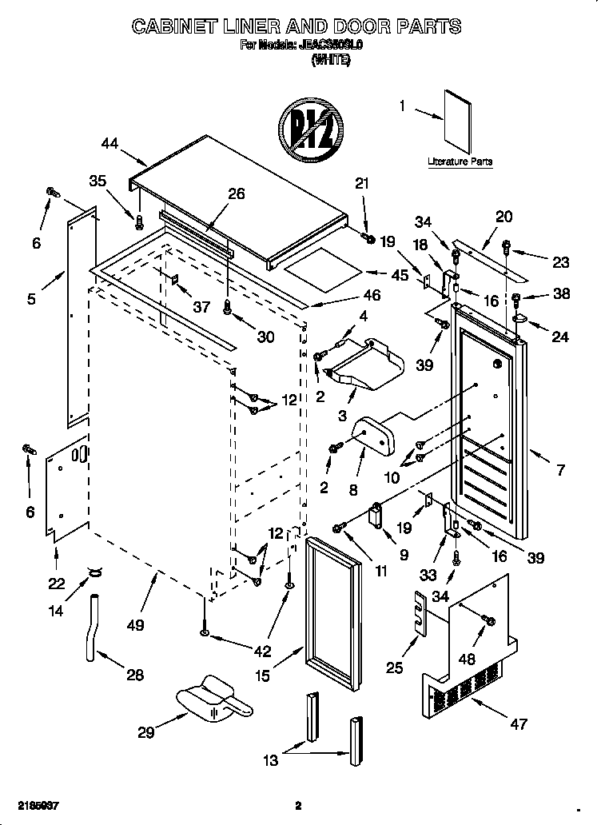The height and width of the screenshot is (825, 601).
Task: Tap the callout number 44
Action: click(x=110, y=144)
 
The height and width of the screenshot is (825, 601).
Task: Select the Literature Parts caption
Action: click(x=460, y=161)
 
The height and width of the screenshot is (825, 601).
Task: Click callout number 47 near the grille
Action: click(x=519, y=724)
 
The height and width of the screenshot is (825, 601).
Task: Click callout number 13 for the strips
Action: click(x=272, y=760)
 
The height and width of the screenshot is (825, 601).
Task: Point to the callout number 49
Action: click(x=136, y=624)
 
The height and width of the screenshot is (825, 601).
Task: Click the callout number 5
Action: click(x=31, y=300)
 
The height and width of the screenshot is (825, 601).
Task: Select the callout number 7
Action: click(x=560, y=471)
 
